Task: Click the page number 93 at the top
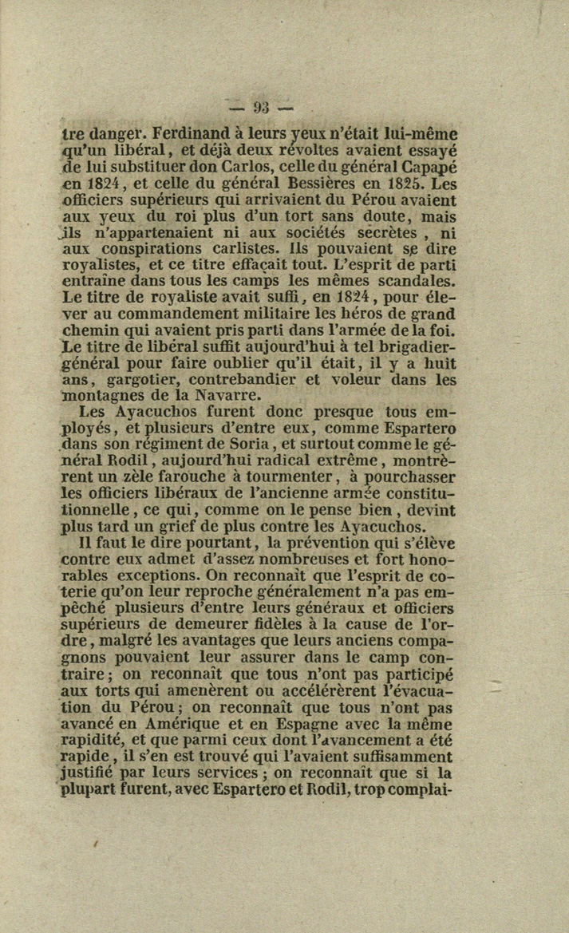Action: [x=261, y=107]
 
